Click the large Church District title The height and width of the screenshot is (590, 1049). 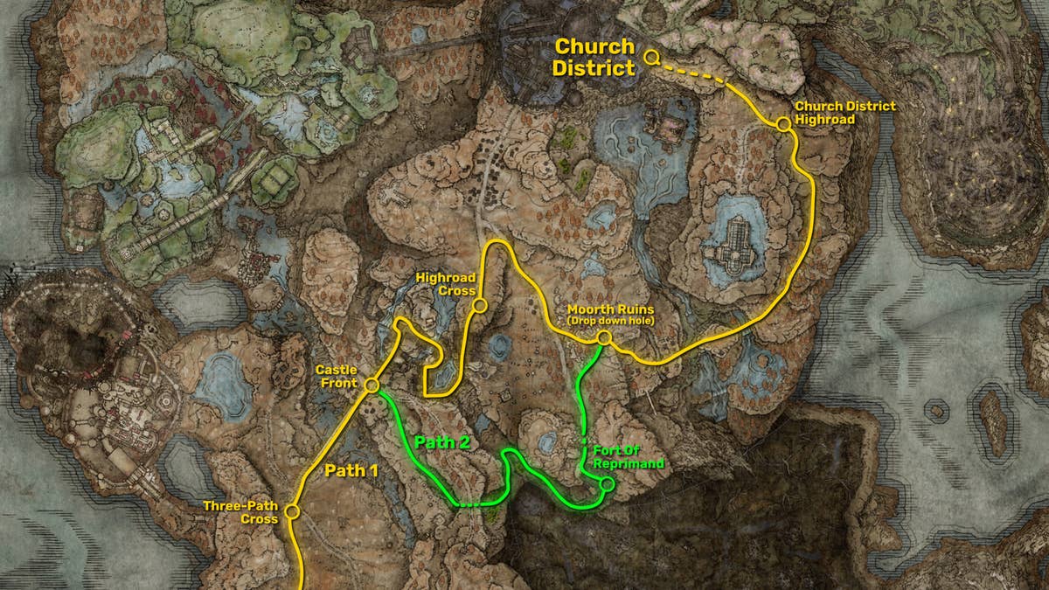594,57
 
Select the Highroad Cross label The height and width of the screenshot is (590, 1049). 445,284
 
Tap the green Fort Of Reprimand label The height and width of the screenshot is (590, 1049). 628,455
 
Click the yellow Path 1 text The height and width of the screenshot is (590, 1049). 351,470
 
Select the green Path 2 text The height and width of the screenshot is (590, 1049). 442,442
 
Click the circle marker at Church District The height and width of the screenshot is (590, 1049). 651,57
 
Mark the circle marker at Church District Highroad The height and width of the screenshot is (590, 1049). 783,125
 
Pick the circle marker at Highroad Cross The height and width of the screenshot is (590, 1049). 479,305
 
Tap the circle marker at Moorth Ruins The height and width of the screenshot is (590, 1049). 603,337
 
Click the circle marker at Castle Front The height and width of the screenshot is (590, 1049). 372,385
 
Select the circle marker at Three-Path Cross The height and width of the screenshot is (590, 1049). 292,511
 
